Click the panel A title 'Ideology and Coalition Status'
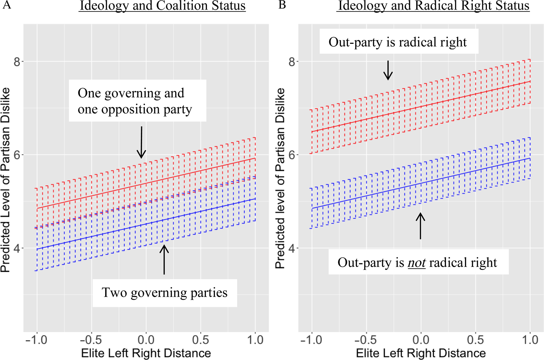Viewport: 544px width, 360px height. (x=162, y=6)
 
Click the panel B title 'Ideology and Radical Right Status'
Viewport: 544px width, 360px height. (x=433, y=6)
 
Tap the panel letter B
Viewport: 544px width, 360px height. (x=282, y=5)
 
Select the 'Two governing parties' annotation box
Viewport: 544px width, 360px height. (x=164, y=293)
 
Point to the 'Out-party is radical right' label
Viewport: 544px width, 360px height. (x=398, y=42)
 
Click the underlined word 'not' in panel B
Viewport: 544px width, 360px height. (x=416, y=263)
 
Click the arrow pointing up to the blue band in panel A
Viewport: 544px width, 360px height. (x=164, y=260)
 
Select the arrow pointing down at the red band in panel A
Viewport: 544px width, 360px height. (x=142, y=142)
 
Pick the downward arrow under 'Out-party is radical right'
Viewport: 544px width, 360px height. (x=388, y=70)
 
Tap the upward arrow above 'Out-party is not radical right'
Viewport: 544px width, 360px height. (x=420, y=226)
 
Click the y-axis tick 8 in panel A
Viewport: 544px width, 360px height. (x=17, y=62)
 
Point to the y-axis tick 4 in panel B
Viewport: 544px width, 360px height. (x=292, y=248)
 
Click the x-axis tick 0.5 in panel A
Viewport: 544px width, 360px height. (x=201, y=340)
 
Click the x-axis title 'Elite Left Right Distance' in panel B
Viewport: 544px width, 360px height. (x=421, y=353)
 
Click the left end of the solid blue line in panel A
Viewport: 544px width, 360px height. (x=37, y=249)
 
